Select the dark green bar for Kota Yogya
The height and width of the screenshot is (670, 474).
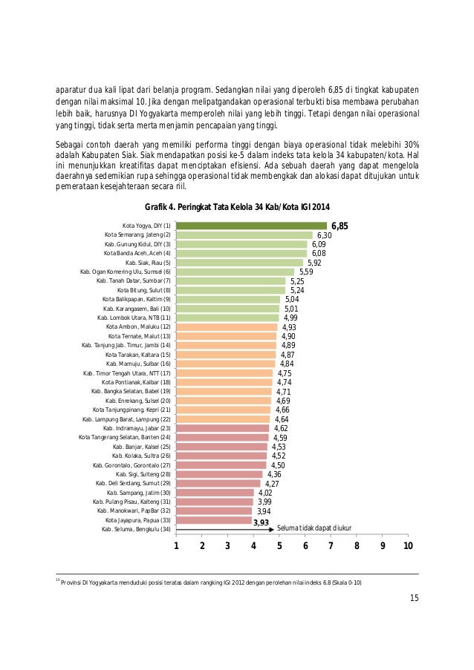[x=251, y=226]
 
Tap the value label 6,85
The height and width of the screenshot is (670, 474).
[x=340, y=226]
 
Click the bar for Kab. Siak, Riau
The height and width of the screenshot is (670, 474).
[x=239, y=263]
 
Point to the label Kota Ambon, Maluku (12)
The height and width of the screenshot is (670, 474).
[x=139, y=326]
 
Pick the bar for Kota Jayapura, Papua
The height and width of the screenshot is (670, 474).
[x=214, y=520]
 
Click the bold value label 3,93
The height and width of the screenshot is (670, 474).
[x=261, y=522]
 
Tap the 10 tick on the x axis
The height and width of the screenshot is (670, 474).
[x=408, y=547]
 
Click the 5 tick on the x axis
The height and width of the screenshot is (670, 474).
[x=279, y=547]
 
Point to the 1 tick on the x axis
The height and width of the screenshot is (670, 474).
[x=177, y=547]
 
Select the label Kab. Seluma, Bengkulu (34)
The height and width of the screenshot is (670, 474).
[x=137, y=530]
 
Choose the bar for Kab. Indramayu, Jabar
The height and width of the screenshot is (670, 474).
[x=223, y=428]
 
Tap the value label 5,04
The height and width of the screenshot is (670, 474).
[x=292, y=299]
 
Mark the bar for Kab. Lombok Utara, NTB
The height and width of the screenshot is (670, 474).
[x=227, y=318]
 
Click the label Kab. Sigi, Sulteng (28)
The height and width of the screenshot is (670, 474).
[x=143, y=474]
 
